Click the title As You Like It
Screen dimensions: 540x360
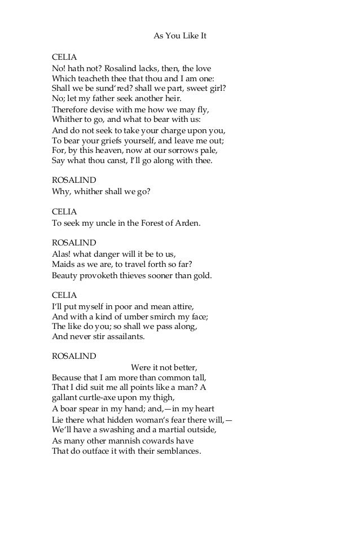pos(180,36)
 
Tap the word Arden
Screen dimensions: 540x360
pos(188,223)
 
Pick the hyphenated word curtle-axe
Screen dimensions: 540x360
pos(99,398)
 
